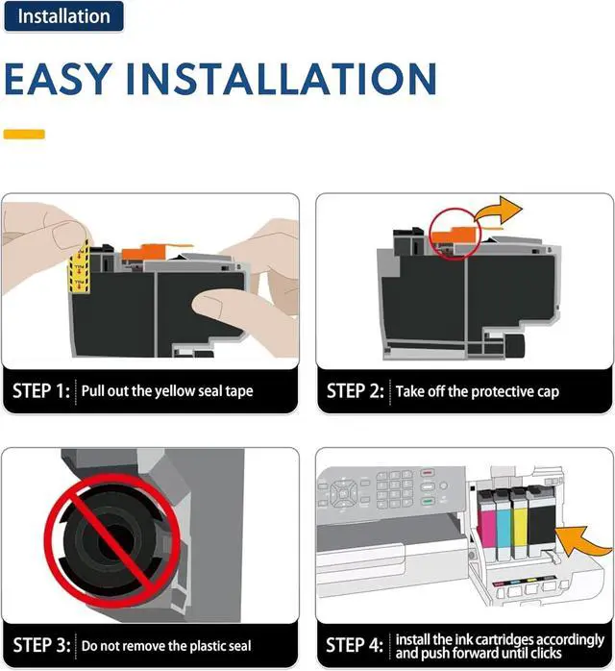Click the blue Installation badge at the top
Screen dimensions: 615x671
click(x=63, y=16)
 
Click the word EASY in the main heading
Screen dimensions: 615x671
click(x=59, y=78)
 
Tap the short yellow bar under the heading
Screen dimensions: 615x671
click(x=24, y=134)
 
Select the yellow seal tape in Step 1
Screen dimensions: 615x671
click(x=79, y=267)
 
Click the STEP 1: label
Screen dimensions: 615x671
click(x=41, y=390)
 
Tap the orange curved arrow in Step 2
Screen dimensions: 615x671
click(x=499, y=211)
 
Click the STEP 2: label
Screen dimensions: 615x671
click(x=355, y=391)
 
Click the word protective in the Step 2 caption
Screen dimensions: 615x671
click(x=503, y=392)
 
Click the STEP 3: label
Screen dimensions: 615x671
click(x=41, y=645)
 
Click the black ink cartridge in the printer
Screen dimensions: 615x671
click(x=541, y=521)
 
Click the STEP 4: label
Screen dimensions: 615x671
click(x=355, y=645)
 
